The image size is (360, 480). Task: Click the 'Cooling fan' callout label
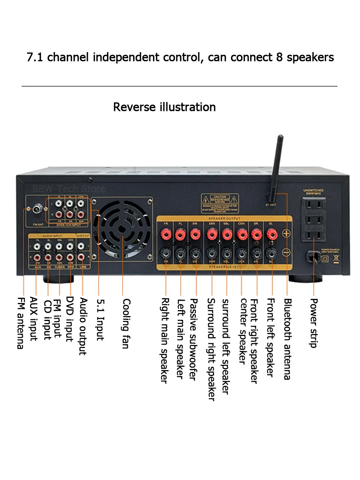click(126, 323)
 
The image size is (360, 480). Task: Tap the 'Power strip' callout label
click(314, 323)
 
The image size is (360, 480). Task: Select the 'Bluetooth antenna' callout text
click(287, 339)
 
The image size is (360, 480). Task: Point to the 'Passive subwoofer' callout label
click(193, 339)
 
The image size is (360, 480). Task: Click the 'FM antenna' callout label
click(21, 323)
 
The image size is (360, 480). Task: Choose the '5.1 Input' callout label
click(100, 319)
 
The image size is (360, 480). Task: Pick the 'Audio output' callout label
click(83, 326)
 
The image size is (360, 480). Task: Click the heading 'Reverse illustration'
click(164, 107)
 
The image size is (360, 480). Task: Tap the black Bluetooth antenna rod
click(277, 165)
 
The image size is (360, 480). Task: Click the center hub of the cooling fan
click(122, 229)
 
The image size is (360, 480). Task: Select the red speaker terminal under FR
click(166, 235)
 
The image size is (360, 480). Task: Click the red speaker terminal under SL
click(271, 235)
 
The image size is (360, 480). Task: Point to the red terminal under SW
click(195, 235)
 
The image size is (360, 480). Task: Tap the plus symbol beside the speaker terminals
click(286, 233)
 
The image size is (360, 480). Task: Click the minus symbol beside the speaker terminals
click(286, 253)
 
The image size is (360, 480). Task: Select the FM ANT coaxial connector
click(37, 208)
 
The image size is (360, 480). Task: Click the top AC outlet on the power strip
click(313, 204)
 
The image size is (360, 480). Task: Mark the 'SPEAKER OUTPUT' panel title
click(224, 218)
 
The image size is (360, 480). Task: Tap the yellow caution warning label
click(220, 203)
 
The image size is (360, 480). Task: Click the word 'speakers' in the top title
click(310, 57)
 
